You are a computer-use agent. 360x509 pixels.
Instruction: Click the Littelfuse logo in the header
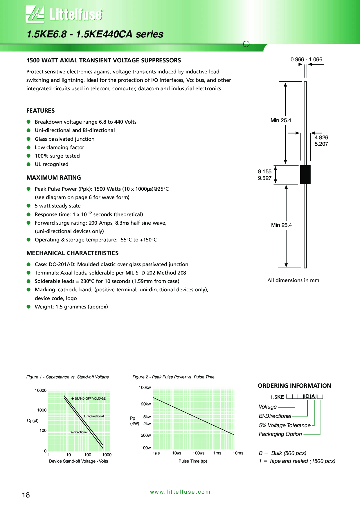pos(64,14)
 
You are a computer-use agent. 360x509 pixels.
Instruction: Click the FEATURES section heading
pos(41,111)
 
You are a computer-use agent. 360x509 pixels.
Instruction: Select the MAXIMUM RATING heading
pos(54,178)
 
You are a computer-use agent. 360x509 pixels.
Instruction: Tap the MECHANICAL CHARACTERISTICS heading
pos(73,253)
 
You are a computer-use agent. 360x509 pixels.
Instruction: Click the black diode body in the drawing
pos(305,174)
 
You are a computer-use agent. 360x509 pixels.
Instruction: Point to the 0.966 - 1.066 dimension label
pos(306,59)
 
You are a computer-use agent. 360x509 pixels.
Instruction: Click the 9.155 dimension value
pos(265,172)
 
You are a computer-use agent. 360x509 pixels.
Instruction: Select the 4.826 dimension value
pos(321,138)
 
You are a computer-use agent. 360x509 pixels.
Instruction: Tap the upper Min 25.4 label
pos(281,120)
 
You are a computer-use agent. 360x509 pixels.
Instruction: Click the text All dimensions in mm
pos(293,280)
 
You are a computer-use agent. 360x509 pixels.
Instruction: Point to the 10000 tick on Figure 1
pos(41,391)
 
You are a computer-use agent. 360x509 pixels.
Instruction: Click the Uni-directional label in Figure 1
pos(94,416)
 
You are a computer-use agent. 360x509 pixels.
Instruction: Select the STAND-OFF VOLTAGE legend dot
pos(73,398)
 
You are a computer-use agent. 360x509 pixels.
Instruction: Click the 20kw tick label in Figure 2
pos(146,404)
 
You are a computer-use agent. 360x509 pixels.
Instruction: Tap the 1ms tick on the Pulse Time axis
pos(217,453)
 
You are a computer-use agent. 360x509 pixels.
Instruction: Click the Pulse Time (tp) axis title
pos(193,461)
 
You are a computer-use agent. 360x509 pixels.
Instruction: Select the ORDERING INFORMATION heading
pos(294,386)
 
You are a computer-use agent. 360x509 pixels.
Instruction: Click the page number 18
pos(26,495)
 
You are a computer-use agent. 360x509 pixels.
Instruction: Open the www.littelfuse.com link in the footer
pos(180,492)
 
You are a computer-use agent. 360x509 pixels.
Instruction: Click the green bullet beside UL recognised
pos(28,164)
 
